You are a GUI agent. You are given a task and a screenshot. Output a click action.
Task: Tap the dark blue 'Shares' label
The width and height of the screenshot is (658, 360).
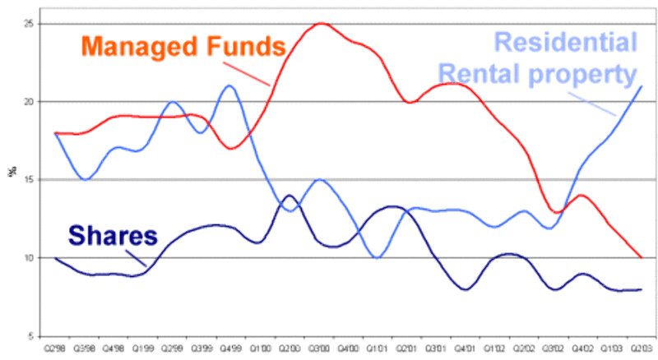113,237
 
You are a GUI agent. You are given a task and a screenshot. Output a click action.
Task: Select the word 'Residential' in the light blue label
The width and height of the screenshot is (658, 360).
568,44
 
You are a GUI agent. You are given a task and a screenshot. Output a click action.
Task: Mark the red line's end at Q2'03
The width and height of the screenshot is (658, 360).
642,257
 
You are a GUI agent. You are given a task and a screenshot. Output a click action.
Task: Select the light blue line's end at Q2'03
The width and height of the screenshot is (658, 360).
642,86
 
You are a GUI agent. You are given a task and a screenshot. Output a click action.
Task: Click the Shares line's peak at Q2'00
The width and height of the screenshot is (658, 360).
290,196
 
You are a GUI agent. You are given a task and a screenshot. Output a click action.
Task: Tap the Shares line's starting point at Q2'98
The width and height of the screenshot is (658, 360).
55,258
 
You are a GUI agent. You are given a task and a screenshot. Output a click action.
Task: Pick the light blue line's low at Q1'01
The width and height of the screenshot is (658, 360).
378,257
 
